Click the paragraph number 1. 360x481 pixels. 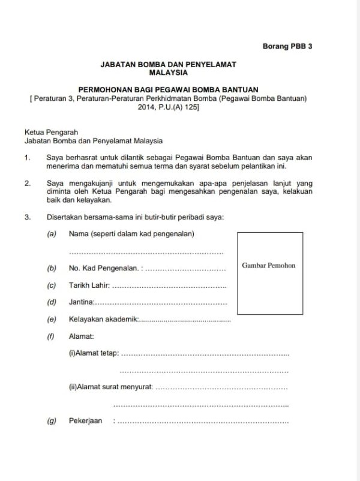coord(27,158)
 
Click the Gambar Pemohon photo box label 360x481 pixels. coord(269,265)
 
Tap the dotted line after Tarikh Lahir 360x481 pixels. coord(169,286)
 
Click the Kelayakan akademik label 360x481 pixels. coord(104,320)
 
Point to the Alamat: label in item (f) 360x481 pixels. coord(81,337)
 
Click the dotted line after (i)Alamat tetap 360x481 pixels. coord(205,354)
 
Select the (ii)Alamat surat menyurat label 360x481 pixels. coord(110,387)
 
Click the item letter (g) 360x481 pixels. coord(52,421)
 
